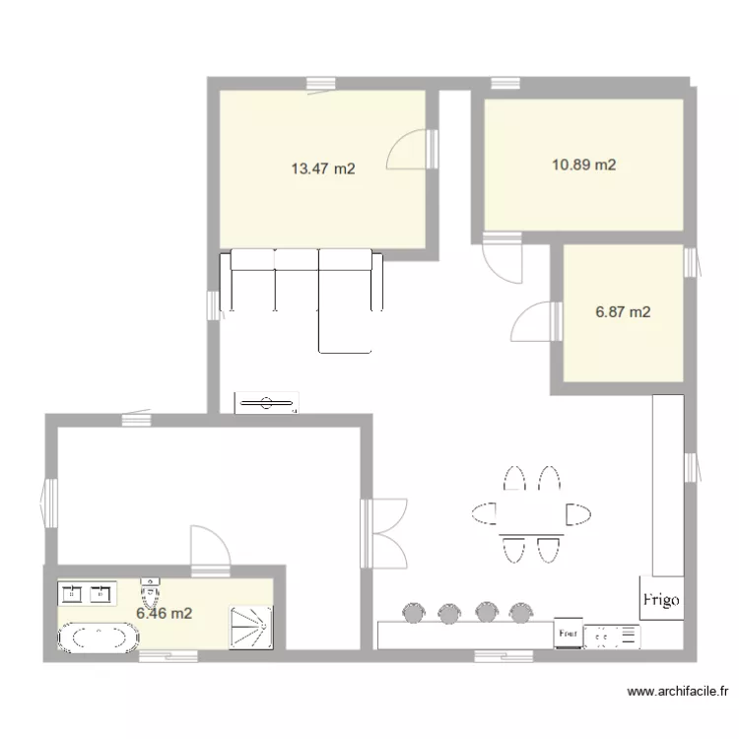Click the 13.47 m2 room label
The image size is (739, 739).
(x=322, y=168)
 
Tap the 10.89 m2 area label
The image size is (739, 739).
(x=583, y=165)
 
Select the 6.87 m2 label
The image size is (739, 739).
(x=623, y=312)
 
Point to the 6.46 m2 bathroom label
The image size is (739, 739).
(x=164, y=613)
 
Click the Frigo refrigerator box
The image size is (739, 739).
(x=660, y=598)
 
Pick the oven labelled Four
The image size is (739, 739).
(x=567, y=635)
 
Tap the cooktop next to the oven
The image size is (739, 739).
(x=611, y=636)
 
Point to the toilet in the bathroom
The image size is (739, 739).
(x=150, y=593)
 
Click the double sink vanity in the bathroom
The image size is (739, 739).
(x=87, y=593)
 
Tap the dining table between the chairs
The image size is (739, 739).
(x=530, y=513)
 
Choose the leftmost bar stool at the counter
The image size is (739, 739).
(x=413, y=613)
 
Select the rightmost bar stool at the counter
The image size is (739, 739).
(x=519, y=613)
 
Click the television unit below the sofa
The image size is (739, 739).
(x=265, y=402)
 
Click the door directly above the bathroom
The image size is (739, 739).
(x=208, y=547)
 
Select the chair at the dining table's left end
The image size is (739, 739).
(x=484, y=512)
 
